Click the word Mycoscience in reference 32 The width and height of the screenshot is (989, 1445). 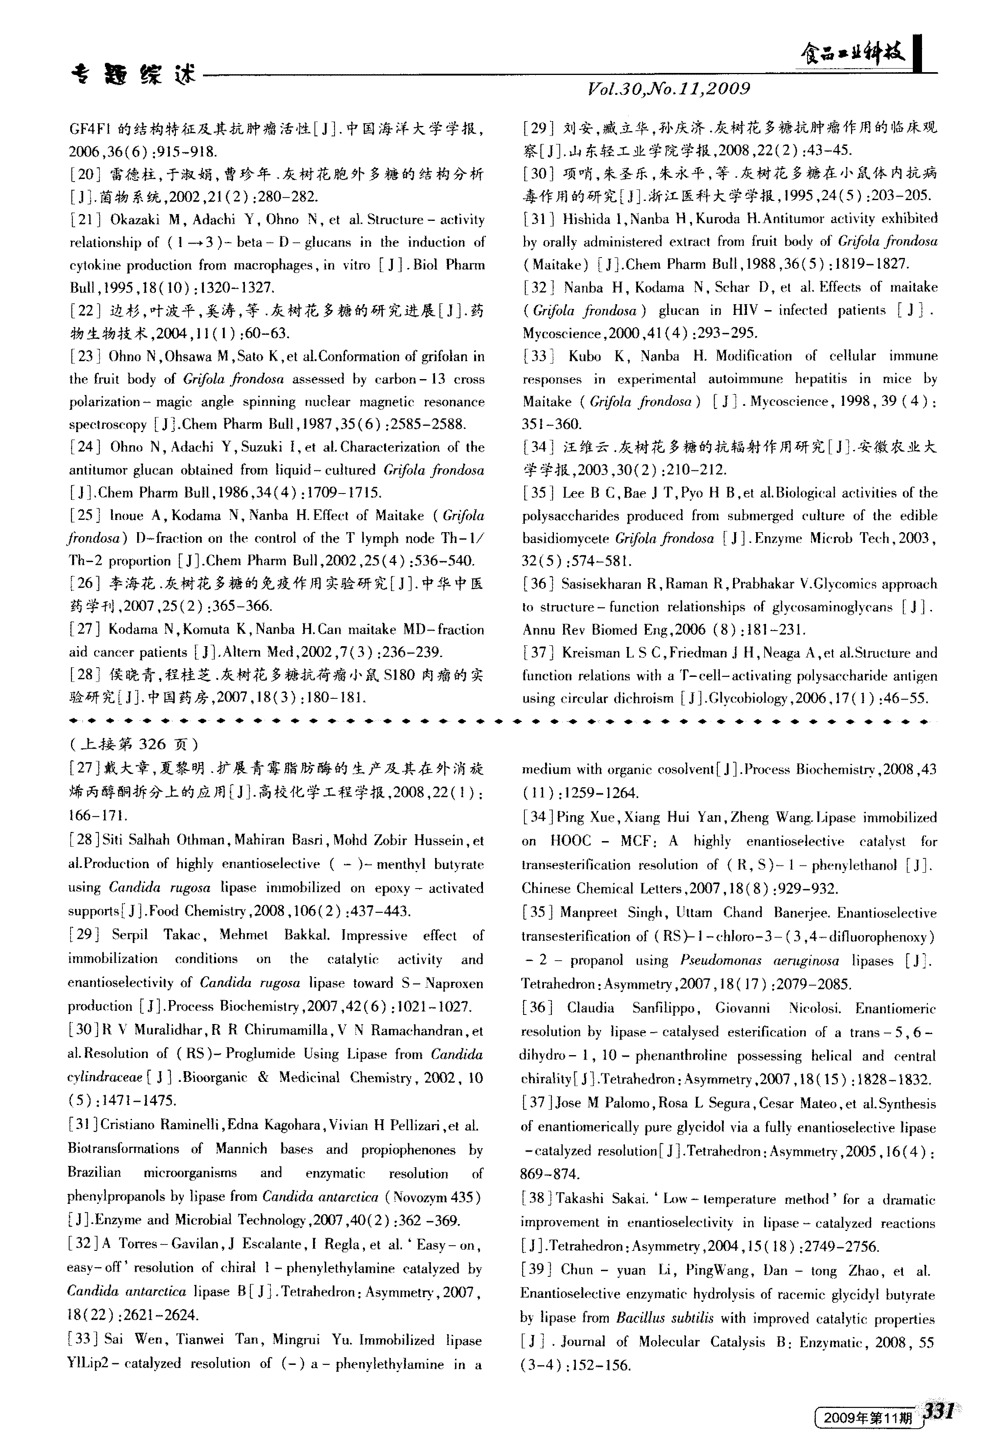pos(561,333)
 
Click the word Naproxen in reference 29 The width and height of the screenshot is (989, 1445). pos(457,983)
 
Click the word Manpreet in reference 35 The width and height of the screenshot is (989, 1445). pos(588,913)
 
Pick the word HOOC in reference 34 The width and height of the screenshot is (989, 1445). pos(570,841)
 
